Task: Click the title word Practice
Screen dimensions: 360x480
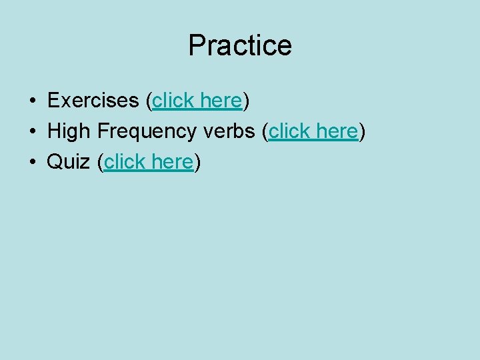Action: (x=240, y=45)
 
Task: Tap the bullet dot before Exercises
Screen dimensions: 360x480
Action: (x=32, y=101)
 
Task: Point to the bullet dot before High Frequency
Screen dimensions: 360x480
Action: (x=32, y=132)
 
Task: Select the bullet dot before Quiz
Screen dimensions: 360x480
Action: (x=32, y=163)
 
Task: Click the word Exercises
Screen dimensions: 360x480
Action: (x=92, y=101)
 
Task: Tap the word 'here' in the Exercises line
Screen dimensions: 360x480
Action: (x=221, y=101)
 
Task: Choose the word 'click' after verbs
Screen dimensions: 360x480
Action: (x=290, y=131)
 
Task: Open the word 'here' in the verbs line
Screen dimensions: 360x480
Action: (x=337, y=131)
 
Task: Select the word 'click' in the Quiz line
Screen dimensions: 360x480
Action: (x=126, y=162)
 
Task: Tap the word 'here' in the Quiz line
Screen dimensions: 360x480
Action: (x=173, y=162)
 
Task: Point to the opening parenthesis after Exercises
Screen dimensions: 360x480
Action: (x=149, y=101)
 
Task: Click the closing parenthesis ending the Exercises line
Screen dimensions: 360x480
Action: (x=246, y=101)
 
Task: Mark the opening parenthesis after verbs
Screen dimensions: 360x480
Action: (x=265, y=132)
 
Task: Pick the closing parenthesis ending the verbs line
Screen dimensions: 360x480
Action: (x=362, y=132)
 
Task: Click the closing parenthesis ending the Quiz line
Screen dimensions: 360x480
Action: (x=197, y=163)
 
